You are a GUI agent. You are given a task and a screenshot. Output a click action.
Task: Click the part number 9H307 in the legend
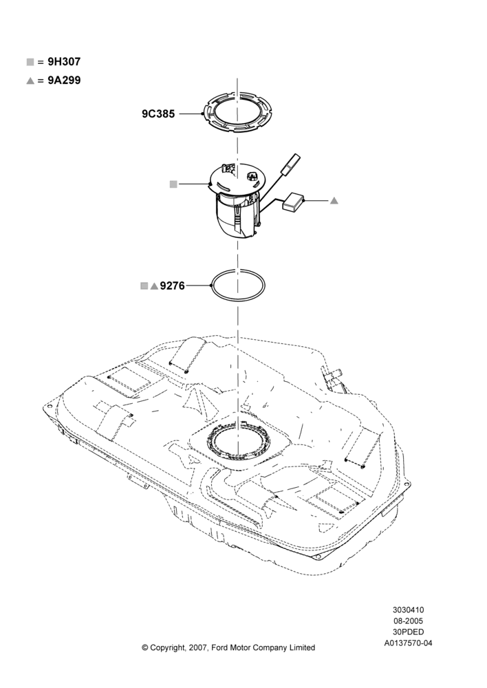tap(64, 62)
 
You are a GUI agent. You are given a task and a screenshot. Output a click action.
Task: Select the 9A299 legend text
tap(65, 80)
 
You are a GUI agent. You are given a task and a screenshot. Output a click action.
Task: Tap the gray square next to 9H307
tap(30, 62)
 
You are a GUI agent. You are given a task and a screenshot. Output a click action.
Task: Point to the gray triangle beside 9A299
tap(30, 80)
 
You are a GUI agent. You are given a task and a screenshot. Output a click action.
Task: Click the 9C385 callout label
tap(158, 114)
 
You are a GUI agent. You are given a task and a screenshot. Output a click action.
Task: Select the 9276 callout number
tap(173, 286)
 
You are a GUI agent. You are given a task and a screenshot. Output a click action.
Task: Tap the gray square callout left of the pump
tap(173, 184)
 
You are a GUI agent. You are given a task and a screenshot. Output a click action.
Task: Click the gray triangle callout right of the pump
tap(334, 200)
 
